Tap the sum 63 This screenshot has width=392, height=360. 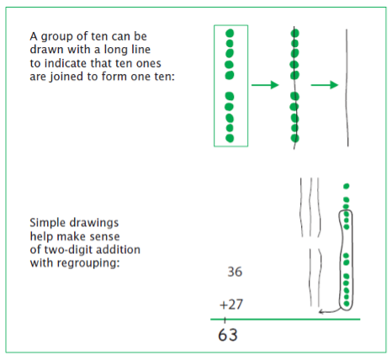[x=228, y=334]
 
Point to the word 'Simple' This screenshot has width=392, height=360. [x=47, y=223]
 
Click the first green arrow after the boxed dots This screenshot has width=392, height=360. [x=264, y=85]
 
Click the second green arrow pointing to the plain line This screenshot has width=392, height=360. [x=323, y=85]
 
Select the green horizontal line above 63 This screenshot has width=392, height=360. [x=286, y=319]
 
